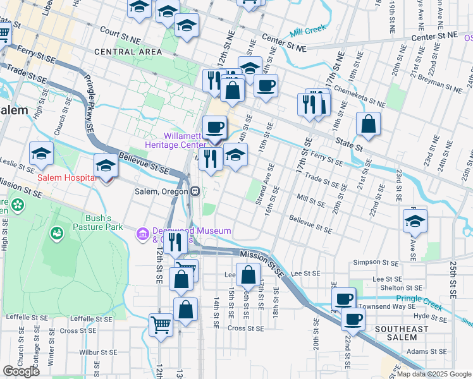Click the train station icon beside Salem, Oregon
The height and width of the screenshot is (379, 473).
click(x=196, y=191)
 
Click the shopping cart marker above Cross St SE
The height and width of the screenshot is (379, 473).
click(x=161, y=325)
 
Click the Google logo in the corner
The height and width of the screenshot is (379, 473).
click(x=21, y=371)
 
